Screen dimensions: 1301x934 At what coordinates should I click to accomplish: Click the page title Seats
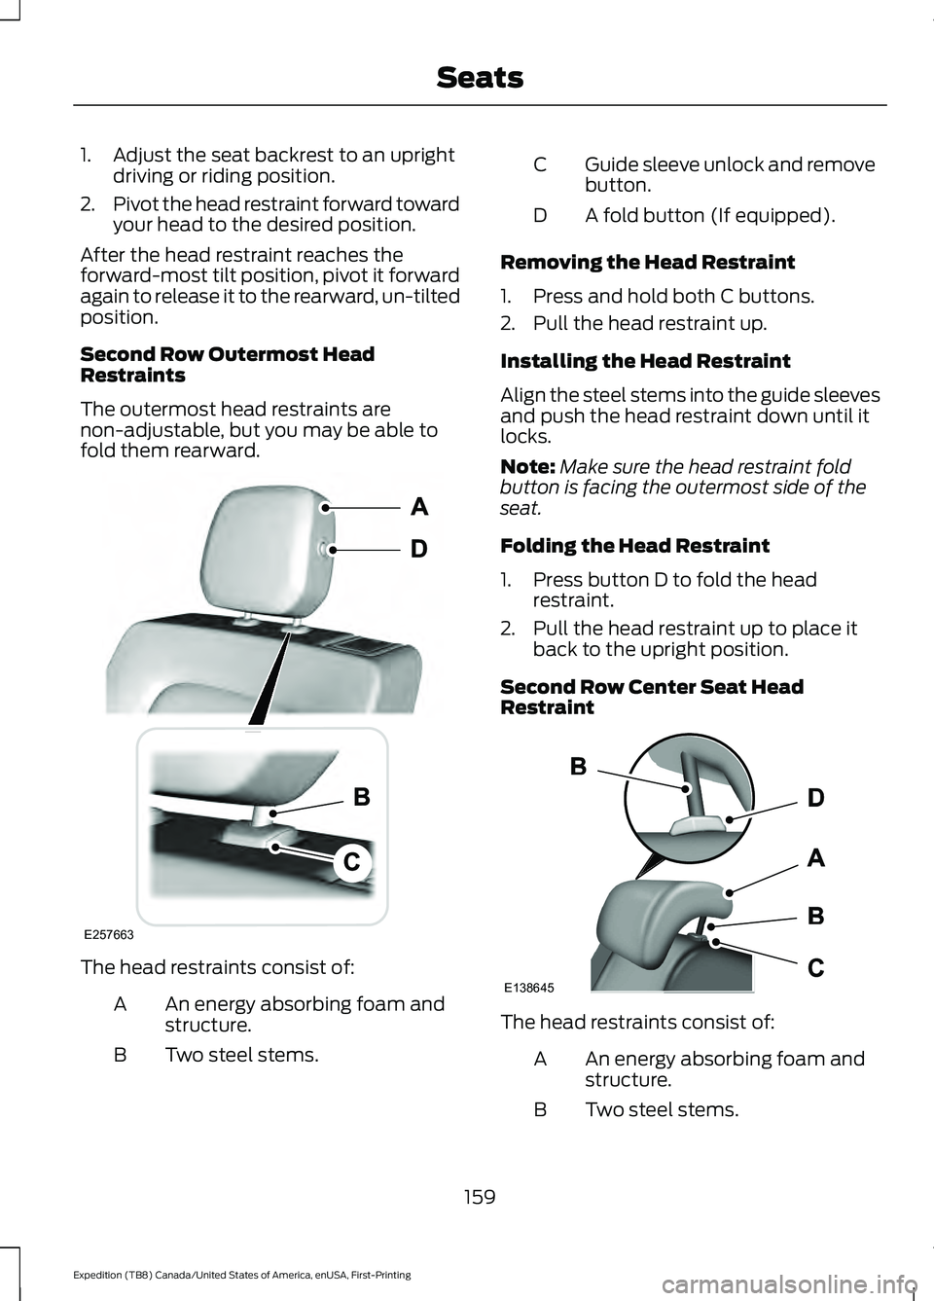tap(480, 77)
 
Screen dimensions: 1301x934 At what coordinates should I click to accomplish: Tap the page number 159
tap(480, 1196)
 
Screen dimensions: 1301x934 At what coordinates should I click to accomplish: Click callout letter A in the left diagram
tap(419, 507)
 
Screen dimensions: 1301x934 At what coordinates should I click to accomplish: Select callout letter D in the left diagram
tap(418, 549)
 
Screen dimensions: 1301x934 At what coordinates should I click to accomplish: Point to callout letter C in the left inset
tap(352, 862)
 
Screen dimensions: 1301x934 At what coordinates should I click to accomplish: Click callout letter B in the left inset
tap(361, 797)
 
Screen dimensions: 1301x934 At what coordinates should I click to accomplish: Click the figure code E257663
tap(108, 934)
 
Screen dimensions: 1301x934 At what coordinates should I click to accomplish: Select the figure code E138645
tap(529, 987)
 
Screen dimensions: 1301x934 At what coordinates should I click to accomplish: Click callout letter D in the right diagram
tap(815, 799)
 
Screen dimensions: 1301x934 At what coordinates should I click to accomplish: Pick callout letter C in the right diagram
tap(815, 968)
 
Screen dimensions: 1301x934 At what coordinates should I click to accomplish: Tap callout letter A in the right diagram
tap(815, 858)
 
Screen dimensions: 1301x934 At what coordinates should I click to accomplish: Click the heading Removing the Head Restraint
tap(647, 263)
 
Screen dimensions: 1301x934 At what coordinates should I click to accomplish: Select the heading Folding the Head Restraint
tap(634, 546)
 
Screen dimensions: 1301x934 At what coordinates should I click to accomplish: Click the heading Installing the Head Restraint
tap(645, 361)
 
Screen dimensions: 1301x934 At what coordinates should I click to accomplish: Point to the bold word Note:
tap(527, 467)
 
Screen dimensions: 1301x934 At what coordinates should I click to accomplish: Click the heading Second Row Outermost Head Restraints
tap(227, 365)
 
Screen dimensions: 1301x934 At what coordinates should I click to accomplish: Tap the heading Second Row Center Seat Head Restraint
tap(652, 697)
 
